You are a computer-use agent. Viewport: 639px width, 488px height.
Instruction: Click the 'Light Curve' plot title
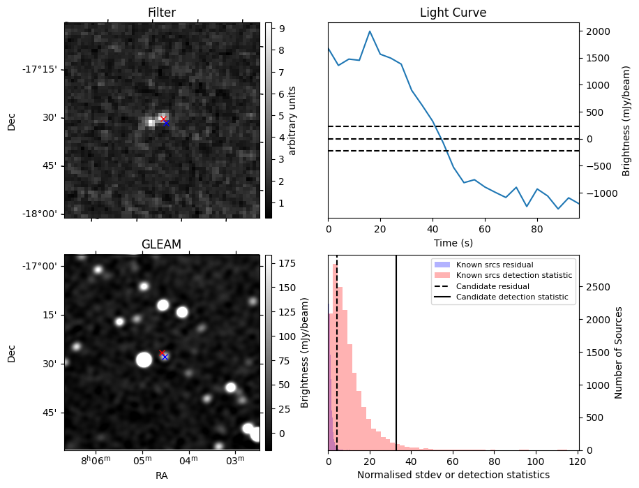click(453, 13)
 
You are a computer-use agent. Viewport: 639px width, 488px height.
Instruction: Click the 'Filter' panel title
click(162, 13)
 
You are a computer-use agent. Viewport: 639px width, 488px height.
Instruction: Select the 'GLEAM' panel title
click(162, 244)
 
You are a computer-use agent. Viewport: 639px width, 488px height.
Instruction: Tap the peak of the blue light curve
click(370, 31)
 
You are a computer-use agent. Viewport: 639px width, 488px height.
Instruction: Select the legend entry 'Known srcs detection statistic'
click(513, 275)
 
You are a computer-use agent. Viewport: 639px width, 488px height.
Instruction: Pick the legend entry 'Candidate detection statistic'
click(511, 297)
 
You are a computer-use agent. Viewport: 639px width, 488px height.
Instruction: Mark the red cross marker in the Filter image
click(163, 119)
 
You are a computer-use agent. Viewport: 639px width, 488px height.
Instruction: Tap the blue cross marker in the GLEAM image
click(165, 357)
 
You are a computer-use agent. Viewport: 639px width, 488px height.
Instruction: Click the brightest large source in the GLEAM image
click(144, 360)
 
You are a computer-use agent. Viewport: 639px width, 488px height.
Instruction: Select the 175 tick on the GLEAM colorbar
click(287, 263)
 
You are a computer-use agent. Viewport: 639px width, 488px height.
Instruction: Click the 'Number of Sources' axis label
click(619, 353)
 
